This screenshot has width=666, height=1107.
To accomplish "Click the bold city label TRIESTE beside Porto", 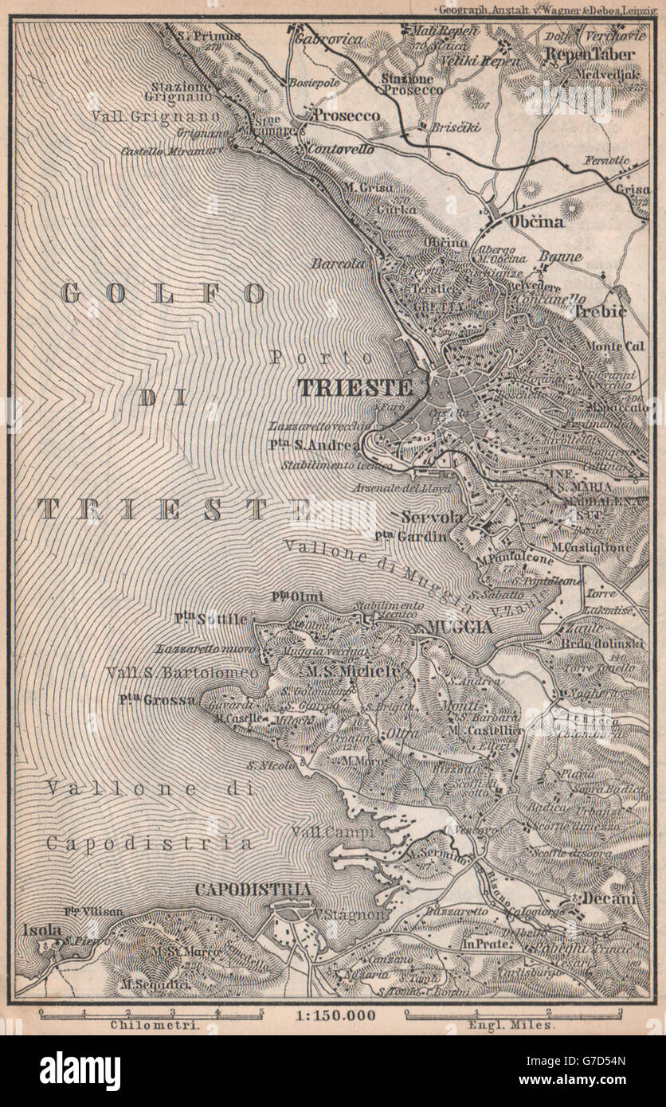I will coord(355,388).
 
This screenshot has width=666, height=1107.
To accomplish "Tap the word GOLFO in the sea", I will coord(163,293).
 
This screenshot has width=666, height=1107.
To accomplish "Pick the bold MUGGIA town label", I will coord(459,627).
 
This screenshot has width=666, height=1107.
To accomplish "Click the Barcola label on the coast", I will coord(338,263).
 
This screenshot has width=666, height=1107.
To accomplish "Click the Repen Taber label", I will coord(590,55).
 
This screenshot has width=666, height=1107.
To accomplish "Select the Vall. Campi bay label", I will coord(316,832).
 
